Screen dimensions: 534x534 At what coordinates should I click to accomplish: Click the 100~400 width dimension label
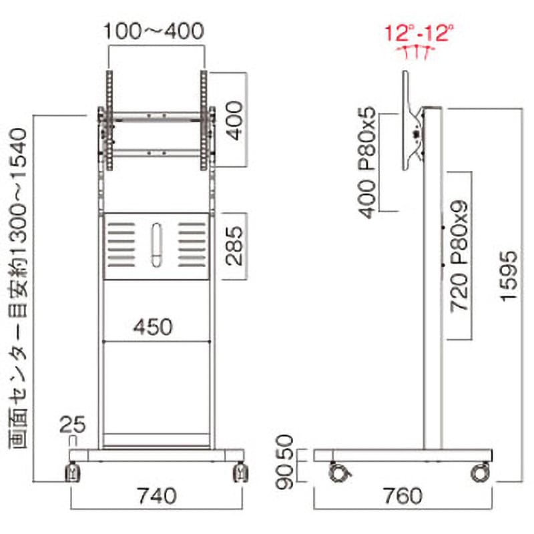(154, 31)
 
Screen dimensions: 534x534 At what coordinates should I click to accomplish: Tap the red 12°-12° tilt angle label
(419, 33)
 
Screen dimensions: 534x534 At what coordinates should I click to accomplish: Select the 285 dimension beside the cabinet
(234, 246)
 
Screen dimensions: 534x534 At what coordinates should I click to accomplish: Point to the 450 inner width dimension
(153, 327)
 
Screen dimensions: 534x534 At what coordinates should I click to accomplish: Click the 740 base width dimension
(157, 496)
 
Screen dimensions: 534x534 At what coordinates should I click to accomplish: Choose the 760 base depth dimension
(403, 496)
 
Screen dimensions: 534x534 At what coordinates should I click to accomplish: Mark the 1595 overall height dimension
(509, 276)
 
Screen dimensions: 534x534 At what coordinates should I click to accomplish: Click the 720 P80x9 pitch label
(459, 257)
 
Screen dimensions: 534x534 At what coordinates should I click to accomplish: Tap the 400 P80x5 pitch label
(367, 163)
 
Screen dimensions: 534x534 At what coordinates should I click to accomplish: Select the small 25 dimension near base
(72, 425)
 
